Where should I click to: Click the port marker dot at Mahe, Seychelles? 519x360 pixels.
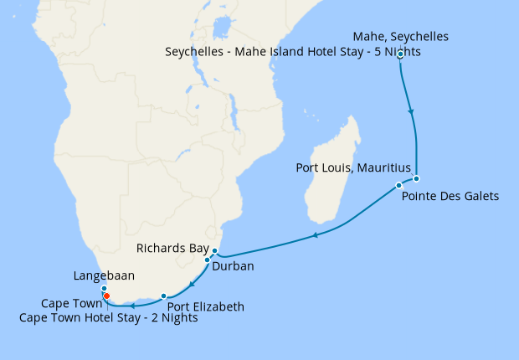(x=400, y=54)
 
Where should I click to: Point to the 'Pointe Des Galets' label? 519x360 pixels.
(x=450, y=197)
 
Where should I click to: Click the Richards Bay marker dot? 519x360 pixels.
(x=214, y=251)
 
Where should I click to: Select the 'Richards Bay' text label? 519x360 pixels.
(x=172, y=249)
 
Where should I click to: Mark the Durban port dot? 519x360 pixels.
(x=207, y=260)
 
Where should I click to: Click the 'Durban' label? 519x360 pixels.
(x=233, y=266)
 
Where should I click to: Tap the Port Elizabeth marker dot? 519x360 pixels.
(x=163, y=296)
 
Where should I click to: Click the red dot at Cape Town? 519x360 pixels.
(x=106, y=296)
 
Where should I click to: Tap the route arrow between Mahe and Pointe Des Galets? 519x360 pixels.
(x=410, y=111)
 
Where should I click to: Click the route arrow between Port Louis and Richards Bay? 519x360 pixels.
(x=315, y=236)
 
